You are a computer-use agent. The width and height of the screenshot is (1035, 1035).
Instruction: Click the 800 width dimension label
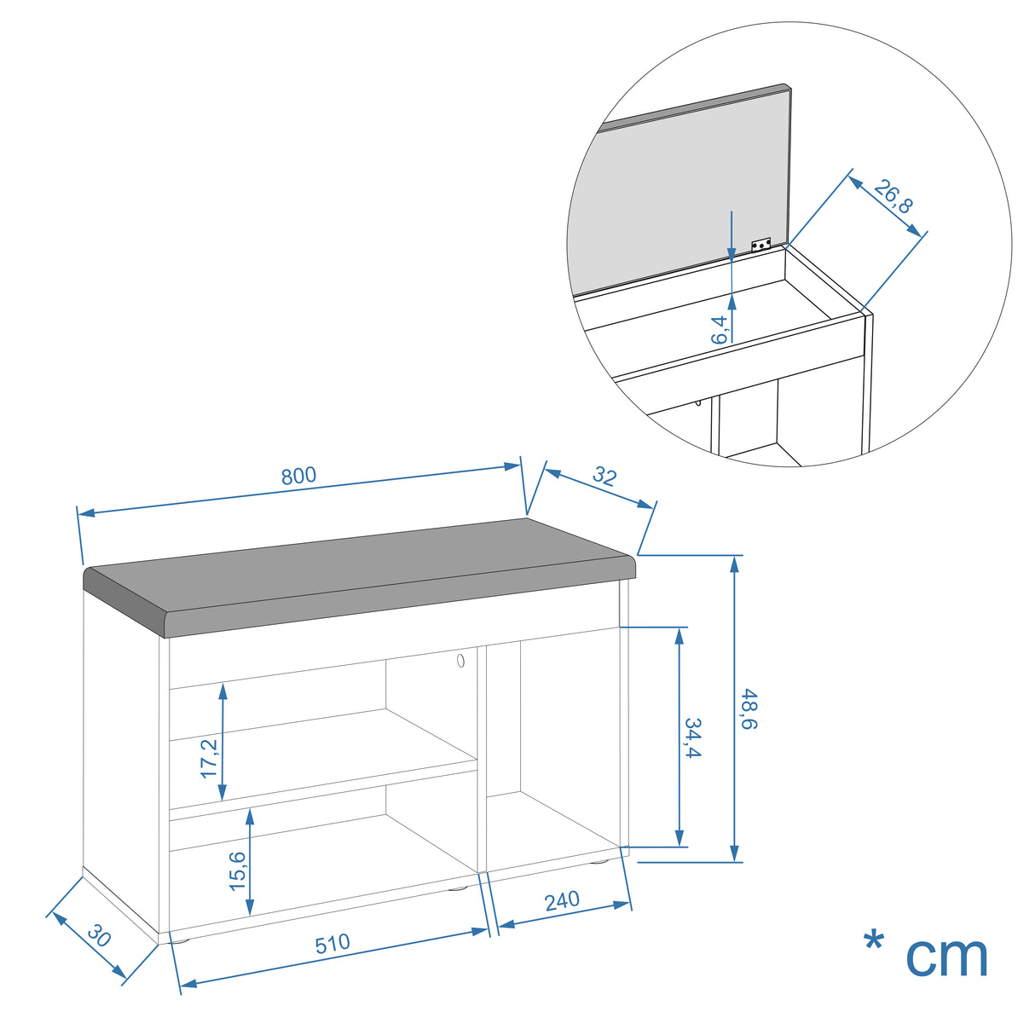click(298, 476)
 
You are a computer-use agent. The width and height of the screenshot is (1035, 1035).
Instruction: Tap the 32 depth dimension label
click(604, 477)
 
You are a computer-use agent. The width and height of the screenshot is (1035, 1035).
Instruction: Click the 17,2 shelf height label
click(209, 759)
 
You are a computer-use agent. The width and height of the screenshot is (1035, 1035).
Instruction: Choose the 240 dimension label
click(563, 901)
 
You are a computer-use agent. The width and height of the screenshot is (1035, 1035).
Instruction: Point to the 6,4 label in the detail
click(720, 329)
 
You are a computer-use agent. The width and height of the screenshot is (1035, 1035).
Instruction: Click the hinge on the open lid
click(760, 245)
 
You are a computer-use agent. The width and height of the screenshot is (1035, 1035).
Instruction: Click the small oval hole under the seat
click(460, 661)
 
